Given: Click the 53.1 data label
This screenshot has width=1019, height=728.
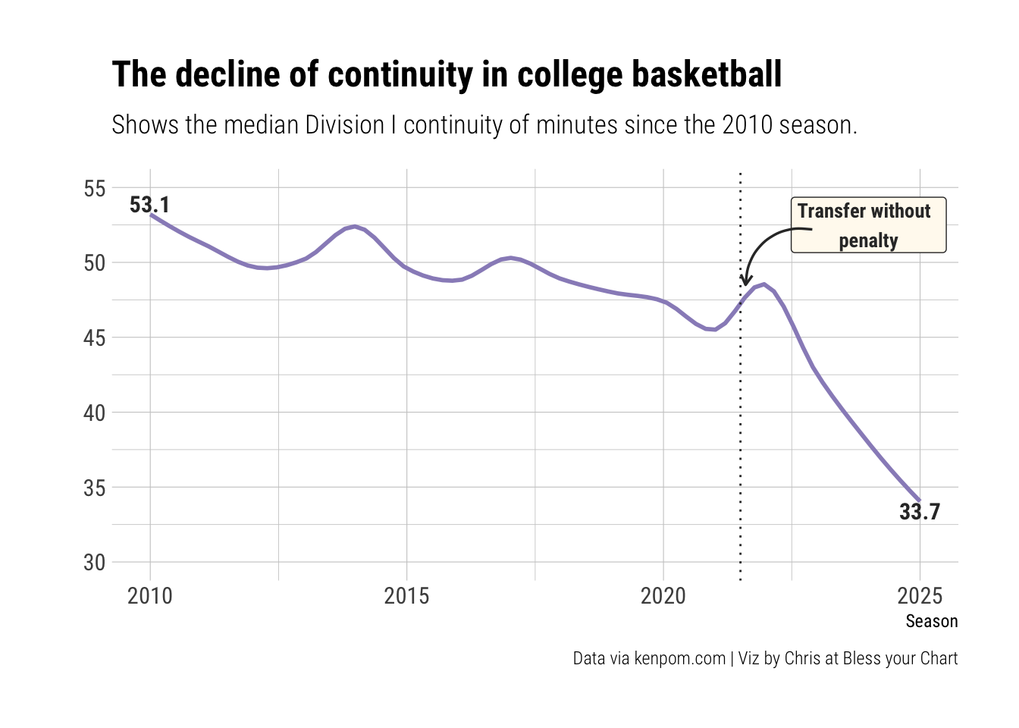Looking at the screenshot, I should pyautogui.click(x=149, y=205).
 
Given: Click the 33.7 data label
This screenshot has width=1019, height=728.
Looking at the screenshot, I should pyautogui.click(x=919, y=512).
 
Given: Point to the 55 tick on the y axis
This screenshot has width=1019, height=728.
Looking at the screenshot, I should pyautogui.click(x=95, y=188).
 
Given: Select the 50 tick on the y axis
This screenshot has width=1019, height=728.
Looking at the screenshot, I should pyautogui.click(x=95, y=263).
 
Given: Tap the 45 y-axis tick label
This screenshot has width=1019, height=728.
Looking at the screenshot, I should pyautogui.click(x=95, y=337).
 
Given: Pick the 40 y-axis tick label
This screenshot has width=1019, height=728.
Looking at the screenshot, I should pyautogui.click(x=95, y=413).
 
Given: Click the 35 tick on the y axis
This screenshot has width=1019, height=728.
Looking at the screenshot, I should pyautogui.click(x=95, y=488).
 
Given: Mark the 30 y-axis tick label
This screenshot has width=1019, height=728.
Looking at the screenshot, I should pyautogui.click(x=95, y=563).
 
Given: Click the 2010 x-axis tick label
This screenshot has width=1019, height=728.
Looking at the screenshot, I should pyautogui.click(x=150, y=596).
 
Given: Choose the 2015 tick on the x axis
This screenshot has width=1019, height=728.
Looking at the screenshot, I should pyautogui.click(x=406, y=596).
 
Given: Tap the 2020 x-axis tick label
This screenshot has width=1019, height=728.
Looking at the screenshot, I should pyautogui.click(x=663, y=596).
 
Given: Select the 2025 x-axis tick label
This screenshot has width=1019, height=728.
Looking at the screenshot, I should pyautogui.click(x=920, y=596).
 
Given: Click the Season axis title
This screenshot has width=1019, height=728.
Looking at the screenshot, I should pyautogui.click(x=931, y=622).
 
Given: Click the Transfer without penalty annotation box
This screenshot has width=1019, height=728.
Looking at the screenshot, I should pyautogui.click(x=868, y=225).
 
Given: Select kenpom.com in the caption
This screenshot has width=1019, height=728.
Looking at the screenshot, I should pyautogui.click(x=679, y=658).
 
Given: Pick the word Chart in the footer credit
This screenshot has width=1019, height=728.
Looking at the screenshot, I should pyautogui.click(x=939, y=658).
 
